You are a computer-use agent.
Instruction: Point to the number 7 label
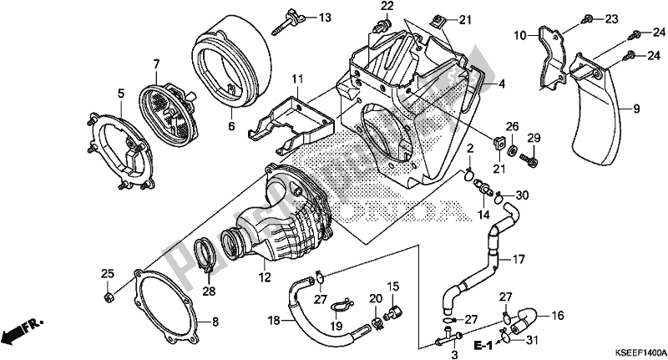[155, 63]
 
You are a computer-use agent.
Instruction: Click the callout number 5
[120, 93]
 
